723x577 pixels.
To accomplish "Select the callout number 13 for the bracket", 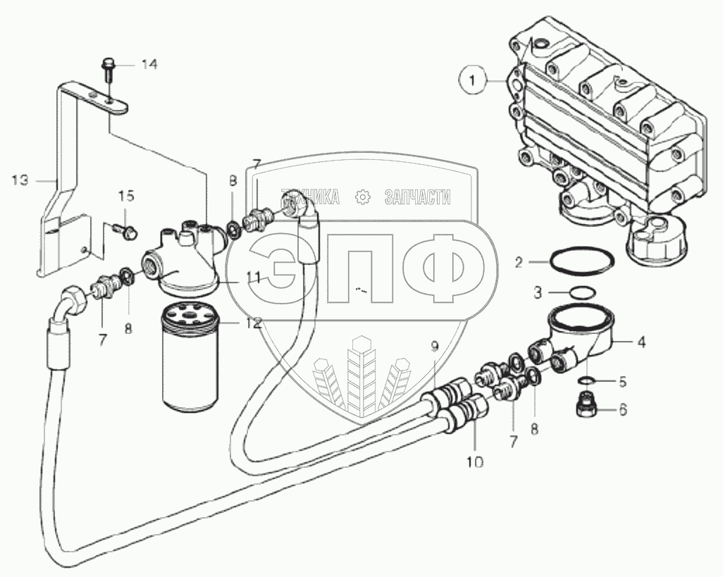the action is (x=20, y=181).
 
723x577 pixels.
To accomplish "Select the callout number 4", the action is (x=641, y=344).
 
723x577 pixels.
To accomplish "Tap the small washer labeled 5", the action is (x=586, y=380).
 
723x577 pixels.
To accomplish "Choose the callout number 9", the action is (x=434, y=346).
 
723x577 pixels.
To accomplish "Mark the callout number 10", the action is (x=474, y=462).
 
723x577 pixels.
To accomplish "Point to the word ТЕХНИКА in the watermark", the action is (x=310, y=197).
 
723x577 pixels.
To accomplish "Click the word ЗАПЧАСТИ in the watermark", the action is (x=416, y=197).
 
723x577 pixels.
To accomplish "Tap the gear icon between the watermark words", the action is (x=363, y=197).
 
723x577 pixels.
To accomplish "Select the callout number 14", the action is (x=148, y=64).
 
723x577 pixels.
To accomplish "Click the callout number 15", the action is (x=125, y=195).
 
